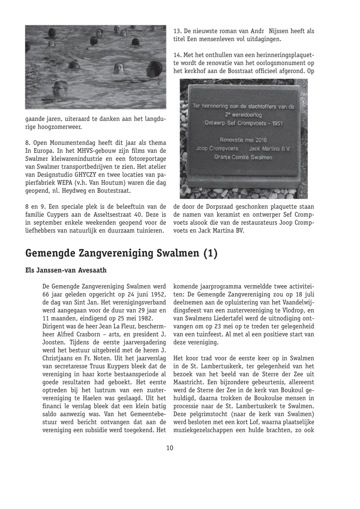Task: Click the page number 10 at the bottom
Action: click(170, 448)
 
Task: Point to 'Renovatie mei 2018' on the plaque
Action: click(243, 140)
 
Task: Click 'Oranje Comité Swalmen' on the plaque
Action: click(243, 157)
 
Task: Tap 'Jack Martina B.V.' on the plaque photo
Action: click(270, 149)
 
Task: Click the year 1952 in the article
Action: click(157, 295)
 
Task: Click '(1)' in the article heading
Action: click(211, 253)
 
